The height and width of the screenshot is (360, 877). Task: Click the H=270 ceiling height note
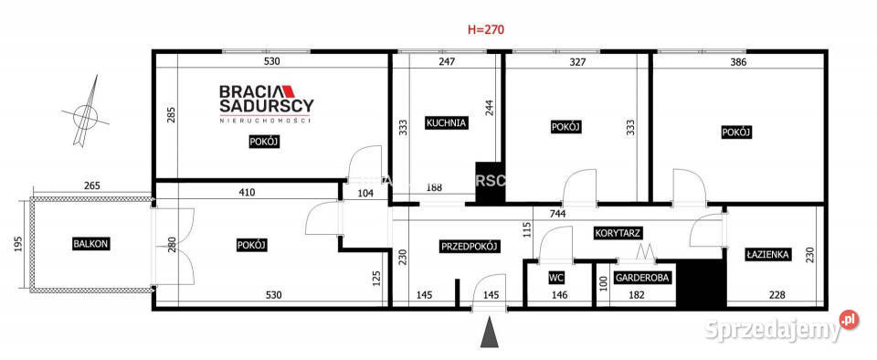click(x=485, y=29)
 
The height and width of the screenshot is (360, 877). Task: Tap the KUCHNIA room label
click(x=447, y=122)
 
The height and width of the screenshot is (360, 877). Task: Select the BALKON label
click(x=91, y=244)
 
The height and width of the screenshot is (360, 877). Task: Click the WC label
click(x=556, y=277)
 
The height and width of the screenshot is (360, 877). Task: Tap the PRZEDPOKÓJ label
click(x=470, y=246)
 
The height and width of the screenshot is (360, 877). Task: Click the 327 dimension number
click(x=578, y=62)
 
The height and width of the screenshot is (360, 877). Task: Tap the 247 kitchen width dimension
click(x=446, y=62)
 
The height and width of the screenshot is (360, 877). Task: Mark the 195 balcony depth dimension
click(x=18, y=244)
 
